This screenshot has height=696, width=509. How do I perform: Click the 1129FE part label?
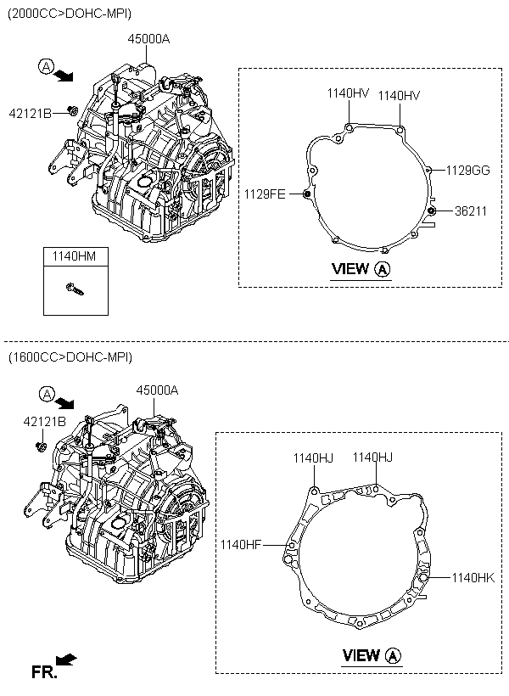click(265, 194)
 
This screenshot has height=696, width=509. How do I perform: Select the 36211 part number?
click(471, 210)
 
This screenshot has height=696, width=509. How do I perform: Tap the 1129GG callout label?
click(467, 170)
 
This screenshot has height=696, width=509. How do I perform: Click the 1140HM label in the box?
click(74, 256)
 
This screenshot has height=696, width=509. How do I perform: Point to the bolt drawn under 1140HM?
click(75, 289)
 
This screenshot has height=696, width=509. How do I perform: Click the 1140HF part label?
click(241, 544)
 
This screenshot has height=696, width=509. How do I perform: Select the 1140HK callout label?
click(473, 577)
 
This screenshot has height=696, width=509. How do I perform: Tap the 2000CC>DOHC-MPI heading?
click(70, 14)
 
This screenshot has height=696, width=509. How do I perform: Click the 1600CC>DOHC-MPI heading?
click(70, 357)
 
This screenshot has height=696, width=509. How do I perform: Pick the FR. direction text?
click(44, 672)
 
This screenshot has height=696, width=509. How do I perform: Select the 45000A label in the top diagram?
click(148, 39)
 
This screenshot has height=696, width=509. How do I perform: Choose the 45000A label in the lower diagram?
click(157, 390)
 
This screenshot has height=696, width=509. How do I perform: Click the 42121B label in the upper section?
click(31, 114)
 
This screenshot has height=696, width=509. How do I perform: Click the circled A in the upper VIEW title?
click(383, 269)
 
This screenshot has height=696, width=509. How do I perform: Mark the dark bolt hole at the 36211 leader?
click(430, 210)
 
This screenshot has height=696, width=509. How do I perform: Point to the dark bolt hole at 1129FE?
click(306, 194)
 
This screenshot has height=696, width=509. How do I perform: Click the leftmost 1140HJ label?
click(313, 457)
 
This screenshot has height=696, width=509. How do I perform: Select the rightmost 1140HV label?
click(399, 95)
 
